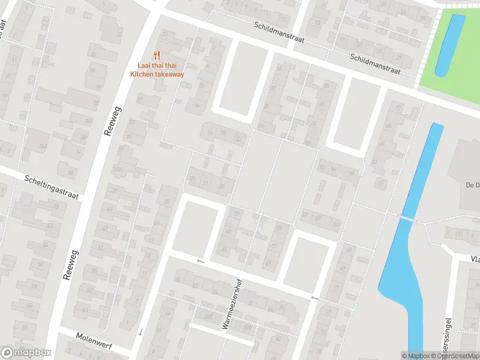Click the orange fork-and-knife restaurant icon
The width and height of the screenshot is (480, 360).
point(157,54)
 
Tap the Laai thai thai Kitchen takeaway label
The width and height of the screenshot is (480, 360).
point(157,70)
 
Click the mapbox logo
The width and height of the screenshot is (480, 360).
point(26,353)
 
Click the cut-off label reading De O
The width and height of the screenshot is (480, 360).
point(472,185)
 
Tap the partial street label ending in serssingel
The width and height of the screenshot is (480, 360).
point(446,336)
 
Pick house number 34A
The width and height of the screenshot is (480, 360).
point(43,146)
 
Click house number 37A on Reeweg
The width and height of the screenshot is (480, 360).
point(119,169)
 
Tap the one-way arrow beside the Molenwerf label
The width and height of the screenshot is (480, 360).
point(140,331)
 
